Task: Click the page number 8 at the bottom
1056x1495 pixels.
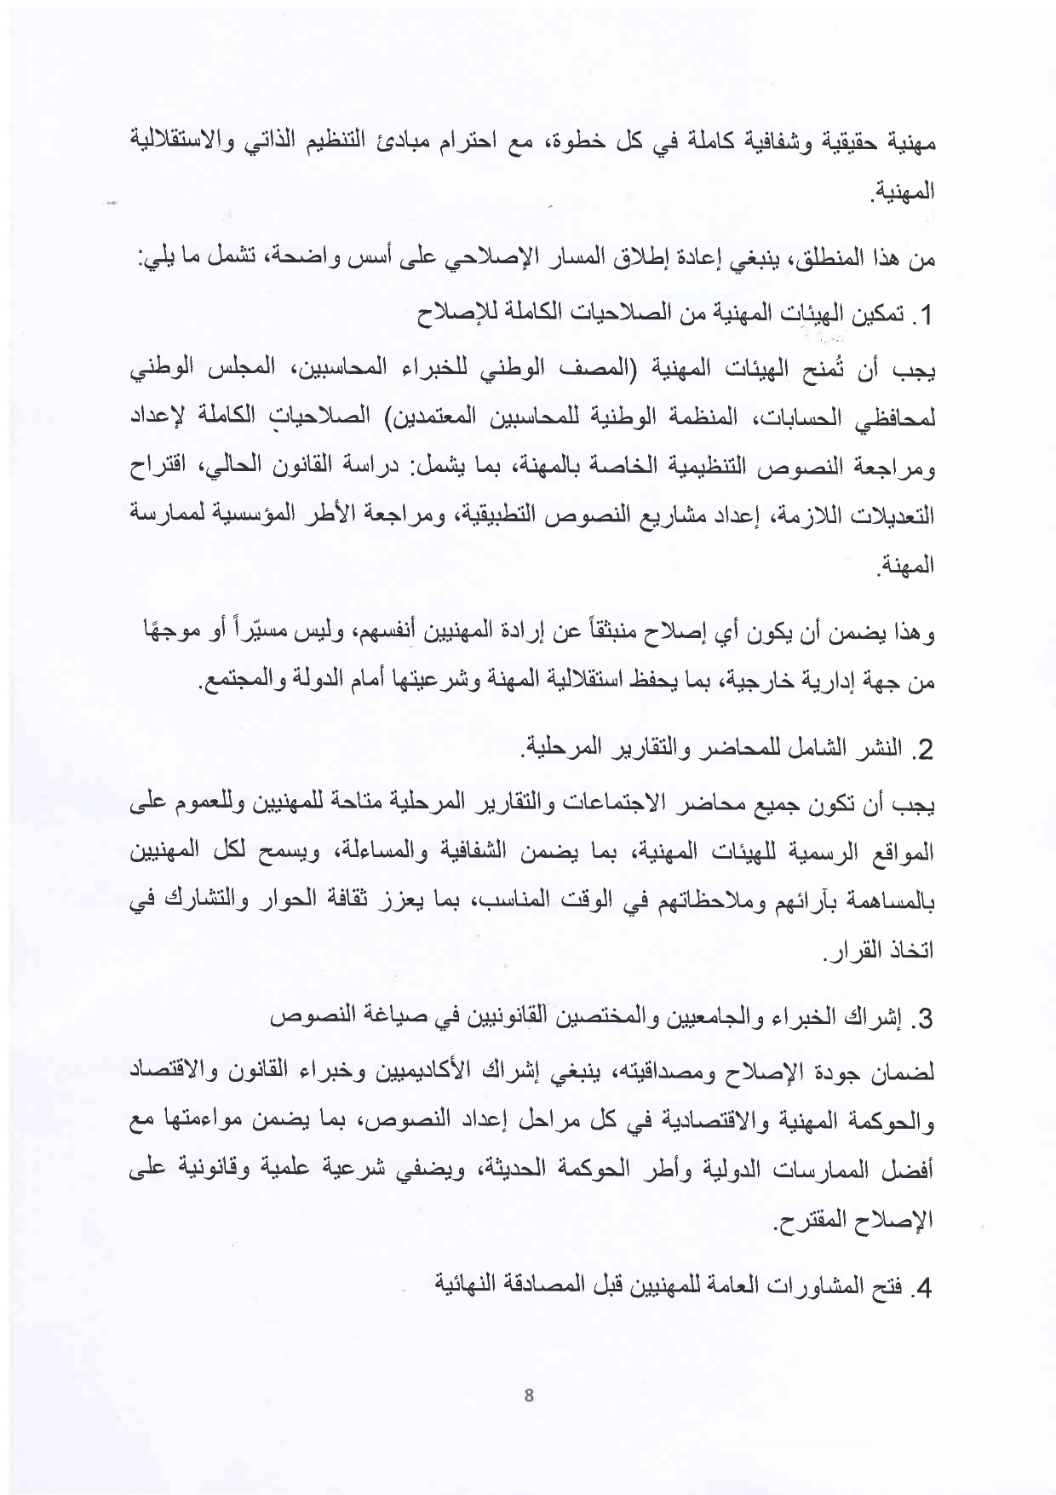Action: click(x=529, y=1395)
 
